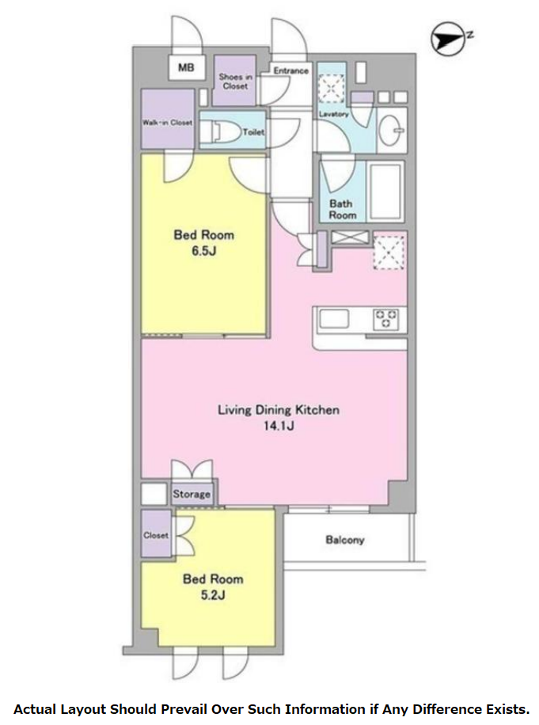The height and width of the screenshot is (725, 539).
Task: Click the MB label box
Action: point(186,68)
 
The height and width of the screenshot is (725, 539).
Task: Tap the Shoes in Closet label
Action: point(235,82)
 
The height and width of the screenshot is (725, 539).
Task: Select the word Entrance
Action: point(290,70)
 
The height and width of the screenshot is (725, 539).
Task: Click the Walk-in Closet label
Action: point(167,123)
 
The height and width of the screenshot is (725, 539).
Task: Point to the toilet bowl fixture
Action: point(221,131)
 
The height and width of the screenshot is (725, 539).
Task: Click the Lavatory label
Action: point(333,114)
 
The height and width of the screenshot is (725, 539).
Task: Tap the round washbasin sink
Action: point(392,130)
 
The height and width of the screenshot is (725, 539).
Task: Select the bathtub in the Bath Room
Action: point(385,192)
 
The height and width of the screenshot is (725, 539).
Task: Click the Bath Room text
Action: point(342,210)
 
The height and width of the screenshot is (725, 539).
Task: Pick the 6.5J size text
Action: point(204,251)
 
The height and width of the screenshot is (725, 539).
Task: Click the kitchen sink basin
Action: point(334,319)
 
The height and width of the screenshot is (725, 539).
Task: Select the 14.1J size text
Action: point(279,425)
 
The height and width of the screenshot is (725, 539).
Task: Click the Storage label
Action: point(192,494)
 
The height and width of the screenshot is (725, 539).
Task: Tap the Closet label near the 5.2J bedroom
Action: point(156,535)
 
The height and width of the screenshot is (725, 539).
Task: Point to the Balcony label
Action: point(345,540)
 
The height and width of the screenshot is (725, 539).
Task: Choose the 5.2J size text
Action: point(213,595)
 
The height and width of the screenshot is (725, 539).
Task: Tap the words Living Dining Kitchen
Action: point(279,410)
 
